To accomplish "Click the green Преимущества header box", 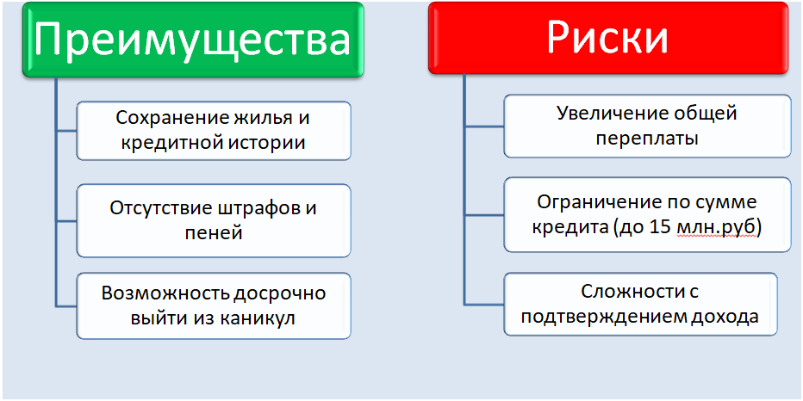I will coord(195,40).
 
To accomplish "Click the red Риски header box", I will coord(607,38).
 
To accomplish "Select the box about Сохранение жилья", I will coord(214,130).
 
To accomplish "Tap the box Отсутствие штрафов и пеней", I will coord(214,219).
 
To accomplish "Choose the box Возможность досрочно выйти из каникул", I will coord(214,305).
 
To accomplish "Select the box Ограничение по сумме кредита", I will coord(646,214).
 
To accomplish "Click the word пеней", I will coord(214,232).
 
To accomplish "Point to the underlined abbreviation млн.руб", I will coord(724,227).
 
